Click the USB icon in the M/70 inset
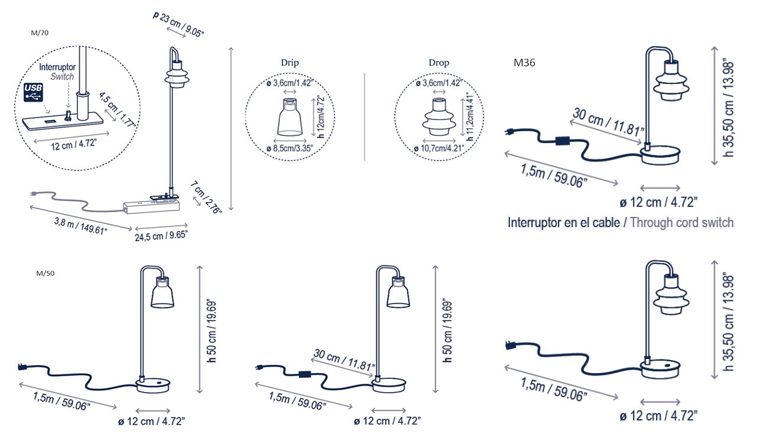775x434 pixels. (34, 93)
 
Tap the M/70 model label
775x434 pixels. (38, 33)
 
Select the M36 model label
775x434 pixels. (525, 63)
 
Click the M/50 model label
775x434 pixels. (46, 274)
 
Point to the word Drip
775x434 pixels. (290, 63)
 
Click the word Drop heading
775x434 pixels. (439, 63)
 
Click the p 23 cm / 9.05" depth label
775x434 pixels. (179, 24)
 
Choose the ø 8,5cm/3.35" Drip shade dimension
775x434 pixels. (290, 148)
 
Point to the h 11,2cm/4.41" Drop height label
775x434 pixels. (470, 116)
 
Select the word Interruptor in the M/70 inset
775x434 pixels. (57, 68)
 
